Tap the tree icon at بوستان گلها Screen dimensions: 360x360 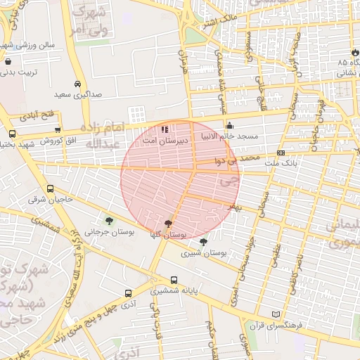tap(167, 224)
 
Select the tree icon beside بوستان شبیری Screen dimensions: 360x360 tap(203, 242)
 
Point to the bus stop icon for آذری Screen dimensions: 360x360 tap(128, 294)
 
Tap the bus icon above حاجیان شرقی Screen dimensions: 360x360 tap(50, 189)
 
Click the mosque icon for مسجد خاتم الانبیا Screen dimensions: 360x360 tap(229, 126)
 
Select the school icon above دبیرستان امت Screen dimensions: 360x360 tap(165, 129)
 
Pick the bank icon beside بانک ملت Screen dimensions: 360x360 tap(281, 153)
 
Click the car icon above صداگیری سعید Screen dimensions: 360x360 tap(77, 82)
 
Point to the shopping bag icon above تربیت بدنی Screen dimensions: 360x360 tap(7, 61)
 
